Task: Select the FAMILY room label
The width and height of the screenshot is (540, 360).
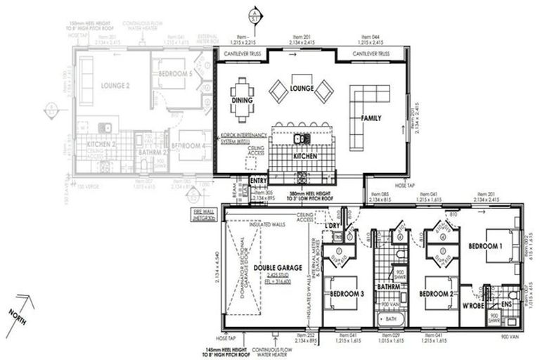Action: point(371,118)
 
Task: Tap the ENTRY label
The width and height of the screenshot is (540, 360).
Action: point(259,180)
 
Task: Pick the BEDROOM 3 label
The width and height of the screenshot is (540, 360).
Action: point(347,293)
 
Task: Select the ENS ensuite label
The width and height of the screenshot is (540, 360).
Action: point(507,304)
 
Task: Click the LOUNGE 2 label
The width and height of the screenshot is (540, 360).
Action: point(115,85)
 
